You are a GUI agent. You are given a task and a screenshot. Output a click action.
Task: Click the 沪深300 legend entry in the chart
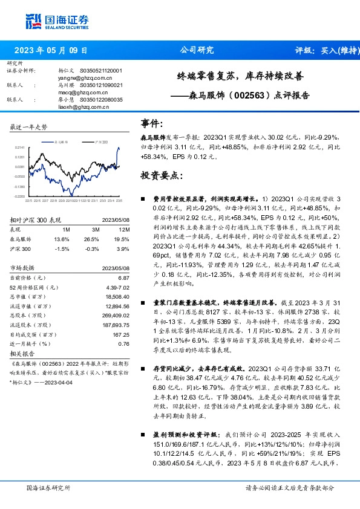100,141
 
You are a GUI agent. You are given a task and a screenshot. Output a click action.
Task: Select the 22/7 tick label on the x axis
37,201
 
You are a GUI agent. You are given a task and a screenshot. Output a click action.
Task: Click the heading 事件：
152,124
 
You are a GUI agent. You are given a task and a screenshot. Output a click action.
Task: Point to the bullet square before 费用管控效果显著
143,198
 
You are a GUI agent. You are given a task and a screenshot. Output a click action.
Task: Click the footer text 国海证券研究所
48,487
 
